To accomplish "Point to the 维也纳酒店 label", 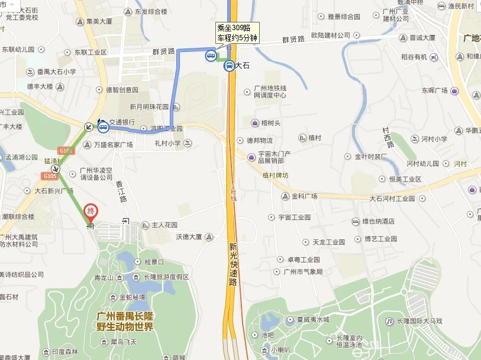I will (378, 221).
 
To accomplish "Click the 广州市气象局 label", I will (303, 272).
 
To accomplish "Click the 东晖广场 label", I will (435, 91).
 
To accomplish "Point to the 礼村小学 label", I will (168, 143).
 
